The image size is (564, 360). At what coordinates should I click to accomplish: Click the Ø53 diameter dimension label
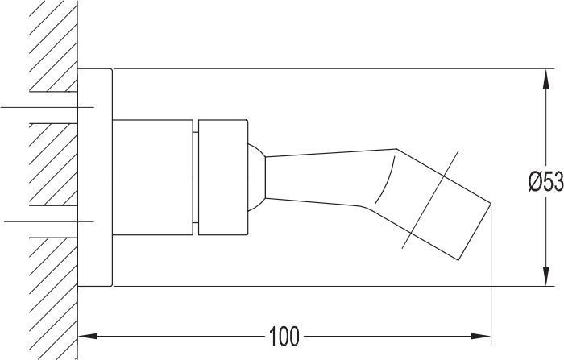[x=546, y=182]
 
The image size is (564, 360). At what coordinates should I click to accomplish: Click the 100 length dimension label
[x=284, y=337]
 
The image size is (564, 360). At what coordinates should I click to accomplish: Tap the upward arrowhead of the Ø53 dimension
[x=546, y=78]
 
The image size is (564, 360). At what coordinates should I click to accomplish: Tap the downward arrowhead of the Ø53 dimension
[x=546, y=276]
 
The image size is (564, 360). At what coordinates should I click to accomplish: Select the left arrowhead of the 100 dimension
[x=88, y=337]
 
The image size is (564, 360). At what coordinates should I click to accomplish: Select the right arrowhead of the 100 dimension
[x=481, y=337]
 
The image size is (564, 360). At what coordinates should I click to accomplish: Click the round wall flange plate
[x=95, y=177]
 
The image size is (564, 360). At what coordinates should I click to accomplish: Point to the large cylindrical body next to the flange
[x=152, y=177]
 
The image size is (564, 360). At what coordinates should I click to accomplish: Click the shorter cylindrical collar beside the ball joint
[x=223, y=177]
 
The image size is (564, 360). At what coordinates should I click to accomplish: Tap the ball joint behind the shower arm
[x=256, y=177]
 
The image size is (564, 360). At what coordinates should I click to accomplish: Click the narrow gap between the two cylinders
[x=196, y=177]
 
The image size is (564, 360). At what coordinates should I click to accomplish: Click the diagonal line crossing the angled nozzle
[x=430, y=200]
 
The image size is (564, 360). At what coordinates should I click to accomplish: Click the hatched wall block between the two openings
[x=53, y=164]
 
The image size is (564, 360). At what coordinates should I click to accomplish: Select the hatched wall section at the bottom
[x=53, y=299]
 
